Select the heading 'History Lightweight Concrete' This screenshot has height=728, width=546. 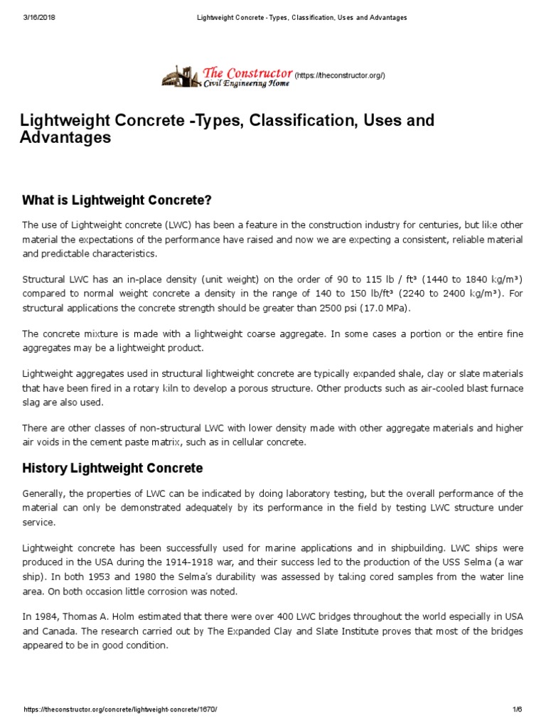(x=112, y=469)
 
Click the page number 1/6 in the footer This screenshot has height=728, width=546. (x=517, y=710)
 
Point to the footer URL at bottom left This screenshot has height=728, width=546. (x=120, y=710)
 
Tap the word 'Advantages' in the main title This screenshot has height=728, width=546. (x=65, y=137)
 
